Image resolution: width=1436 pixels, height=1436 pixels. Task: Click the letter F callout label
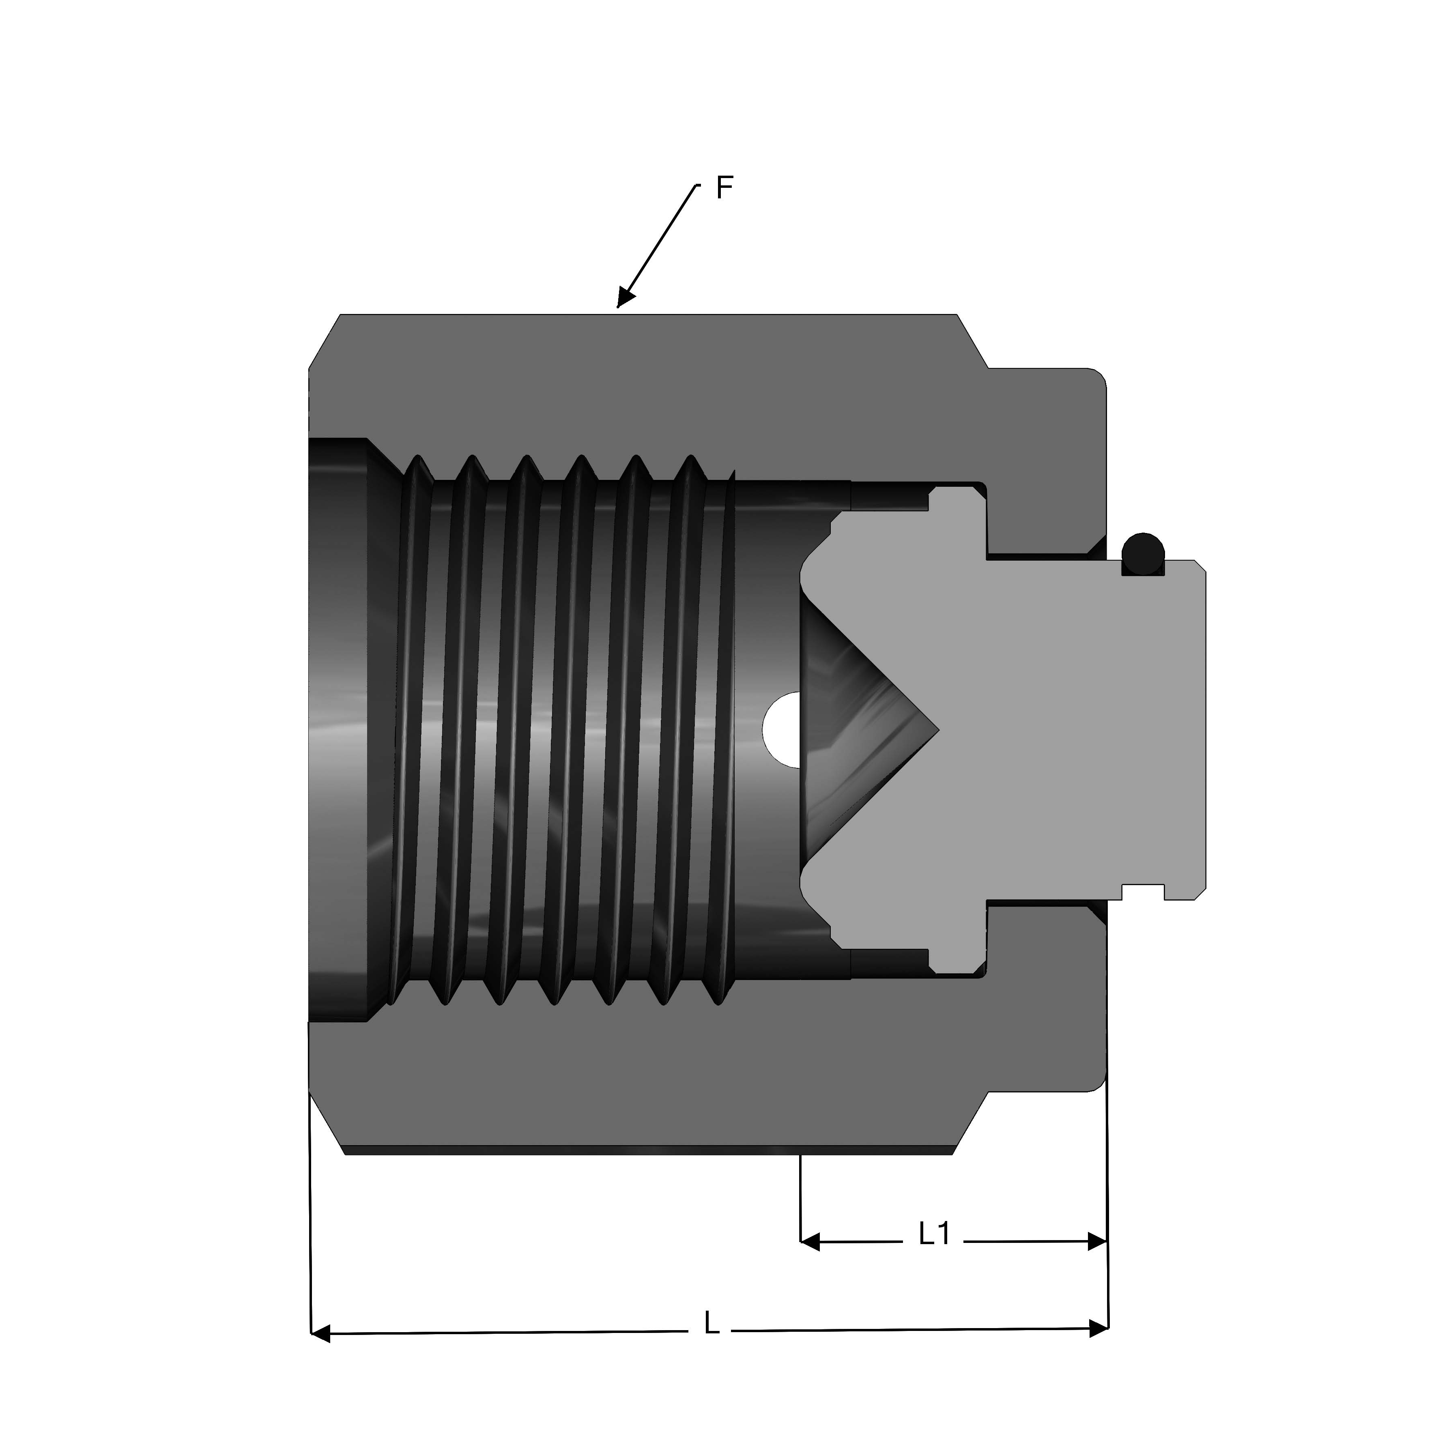pyautogui.click(x=724, y=188)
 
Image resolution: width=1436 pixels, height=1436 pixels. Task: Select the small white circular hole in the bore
pyautogui.click(x=782, y=729)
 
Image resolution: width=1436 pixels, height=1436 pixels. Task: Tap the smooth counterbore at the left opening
pyautogui.click(x=338, y=729)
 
